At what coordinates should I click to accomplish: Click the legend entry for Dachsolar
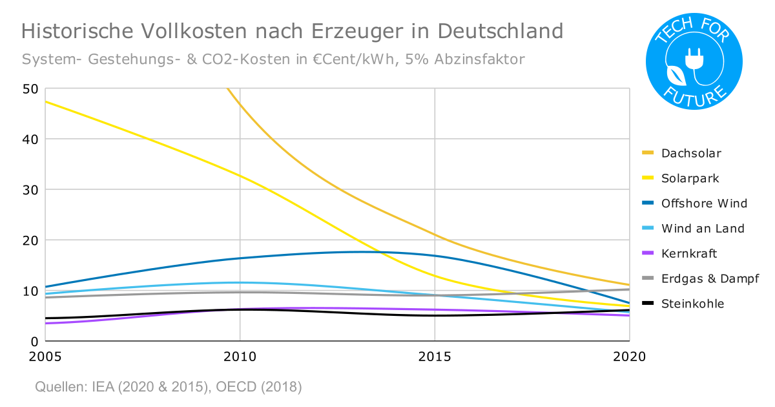[690, 153]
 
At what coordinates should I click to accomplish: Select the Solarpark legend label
[690, 178]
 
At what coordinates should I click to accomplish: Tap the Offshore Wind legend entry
[704, 203]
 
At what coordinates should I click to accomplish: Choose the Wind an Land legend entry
[703, 228]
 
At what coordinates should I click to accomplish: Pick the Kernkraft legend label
[689, 253]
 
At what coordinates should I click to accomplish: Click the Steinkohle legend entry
[692, 304]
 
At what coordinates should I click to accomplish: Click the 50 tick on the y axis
[30, 89]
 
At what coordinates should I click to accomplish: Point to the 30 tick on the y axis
[30, 190]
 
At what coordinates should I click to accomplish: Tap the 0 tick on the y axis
[34, 341]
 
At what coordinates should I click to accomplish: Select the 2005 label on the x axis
[45, 357]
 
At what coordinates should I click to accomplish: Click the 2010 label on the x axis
[240, 357]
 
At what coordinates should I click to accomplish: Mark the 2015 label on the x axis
[435, 357]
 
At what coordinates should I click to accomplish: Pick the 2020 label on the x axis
[630, 357]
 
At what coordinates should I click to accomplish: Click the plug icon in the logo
[694, 59]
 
